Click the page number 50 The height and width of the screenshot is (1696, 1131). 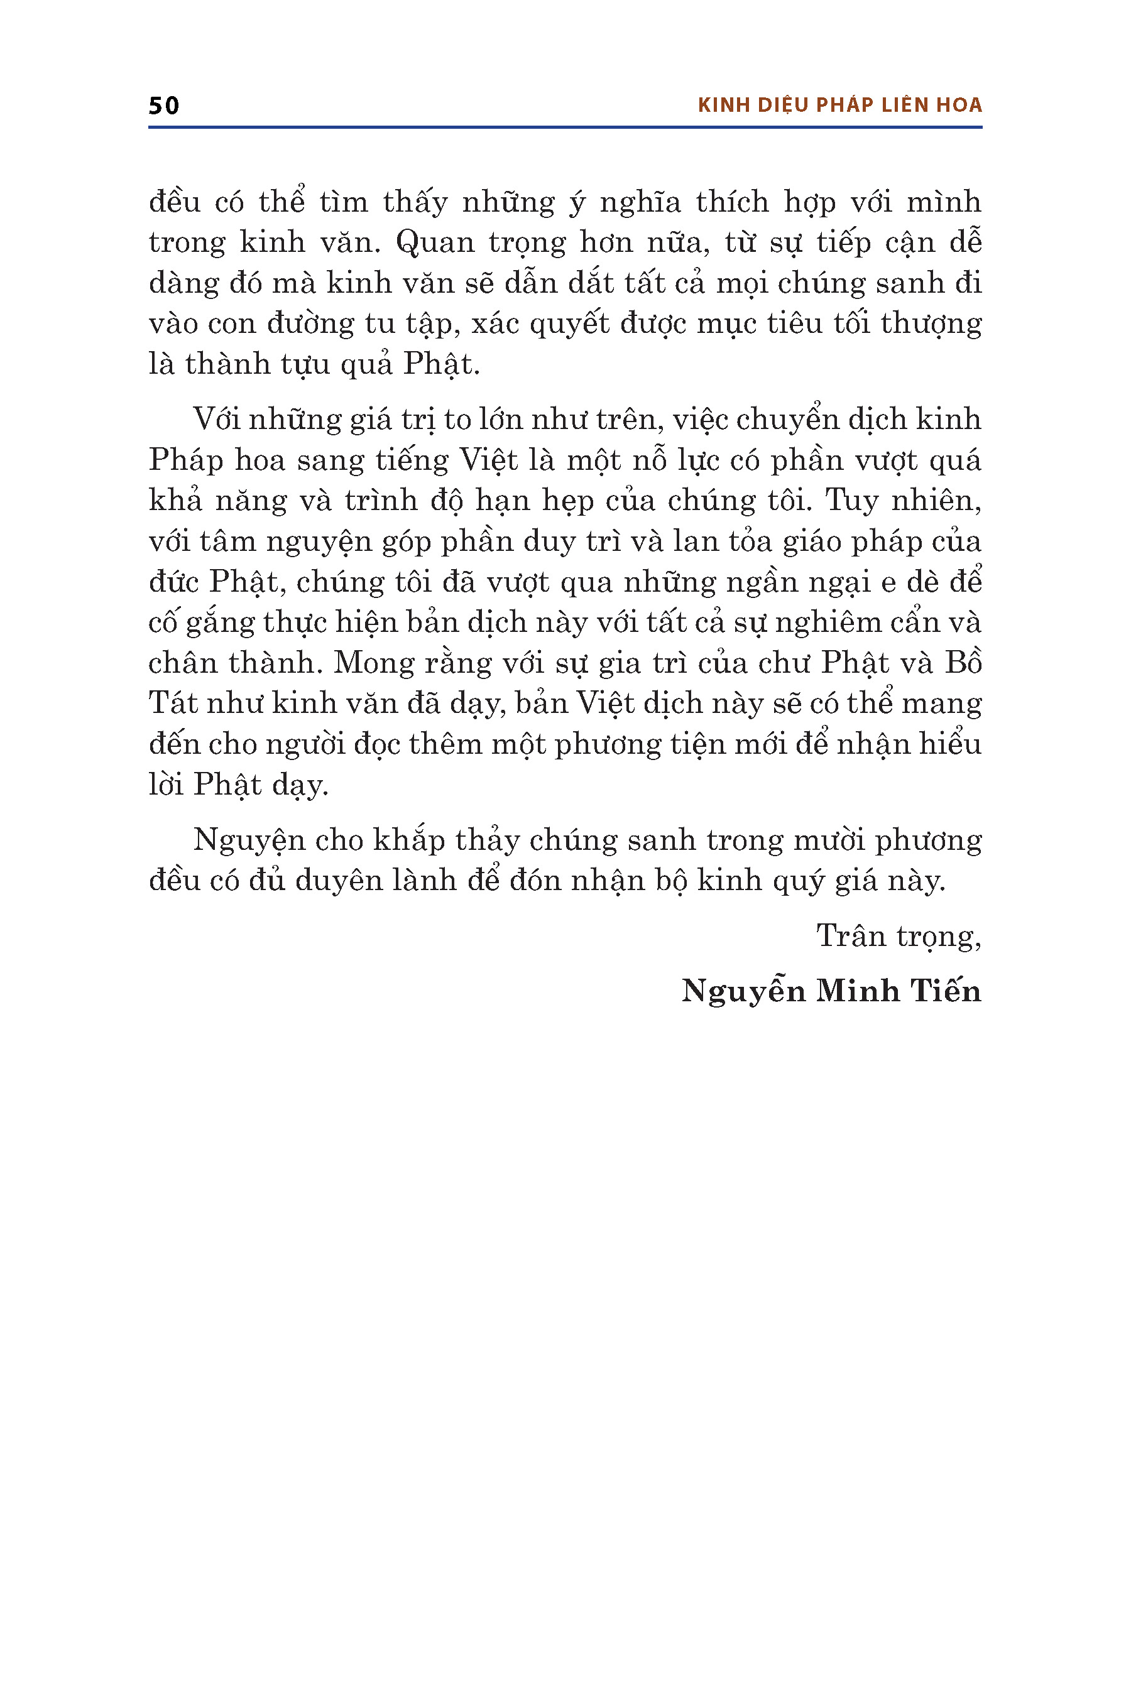click(164, 106)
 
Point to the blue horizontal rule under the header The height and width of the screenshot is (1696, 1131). click(565, 128)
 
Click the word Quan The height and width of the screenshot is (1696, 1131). click(431, 243)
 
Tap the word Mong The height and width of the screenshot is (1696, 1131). click(374, 663)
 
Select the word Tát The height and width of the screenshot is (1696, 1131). click(173, 704)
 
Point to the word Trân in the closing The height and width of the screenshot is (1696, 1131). click(851, 936)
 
